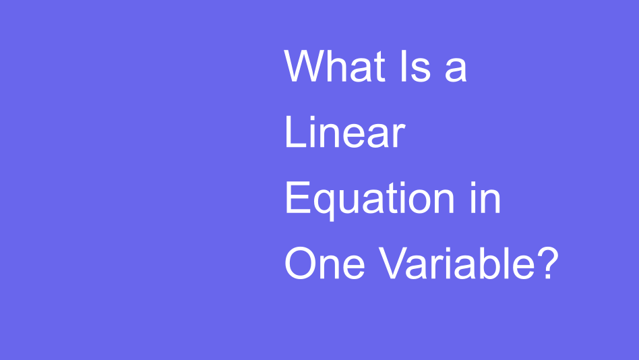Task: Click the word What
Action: (334, 66)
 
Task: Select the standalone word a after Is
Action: (456, 70)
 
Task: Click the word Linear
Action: (344, 132)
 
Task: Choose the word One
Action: (324, 263)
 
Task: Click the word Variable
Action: (456, 263)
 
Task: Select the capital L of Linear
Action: (295, 132)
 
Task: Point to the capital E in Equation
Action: (298, 198)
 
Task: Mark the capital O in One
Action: (301, 263)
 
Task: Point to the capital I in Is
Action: (404, 66)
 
